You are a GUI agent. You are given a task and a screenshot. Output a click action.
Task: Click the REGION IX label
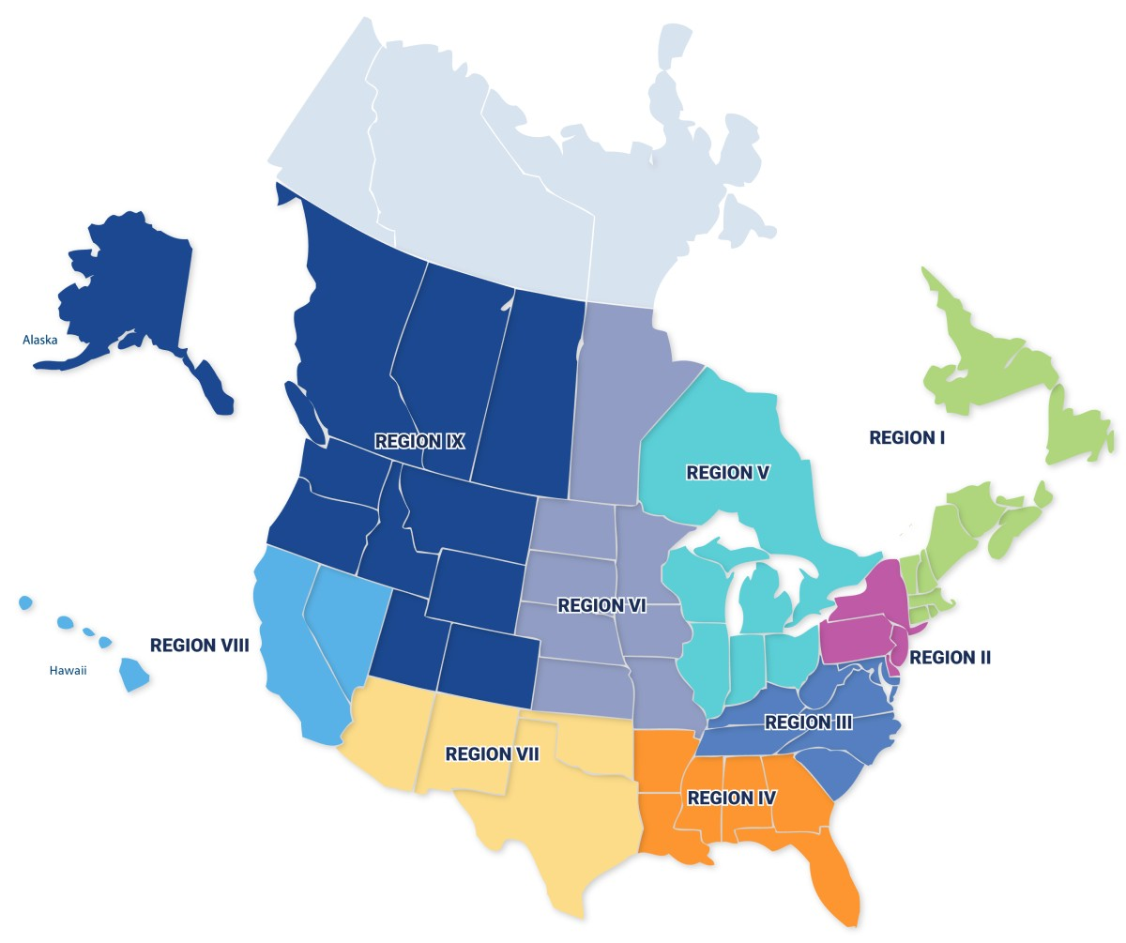(419, 441)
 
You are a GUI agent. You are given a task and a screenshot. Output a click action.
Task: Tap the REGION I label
(906, 437)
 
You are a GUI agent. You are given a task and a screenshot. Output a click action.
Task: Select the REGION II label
(950, 658)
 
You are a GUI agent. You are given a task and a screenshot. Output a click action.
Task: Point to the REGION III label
(808, 722)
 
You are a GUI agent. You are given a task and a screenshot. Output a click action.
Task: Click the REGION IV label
(732, 799)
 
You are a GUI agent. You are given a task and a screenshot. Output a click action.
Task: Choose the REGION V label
(727, 473)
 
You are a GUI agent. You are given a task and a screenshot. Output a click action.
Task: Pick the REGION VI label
(601, 606)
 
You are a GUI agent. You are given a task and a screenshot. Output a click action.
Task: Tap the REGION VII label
(492, 754)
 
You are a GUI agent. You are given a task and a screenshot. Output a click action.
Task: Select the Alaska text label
(40, 340)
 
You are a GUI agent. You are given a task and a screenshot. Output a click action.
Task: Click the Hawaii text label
(68, 670)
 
